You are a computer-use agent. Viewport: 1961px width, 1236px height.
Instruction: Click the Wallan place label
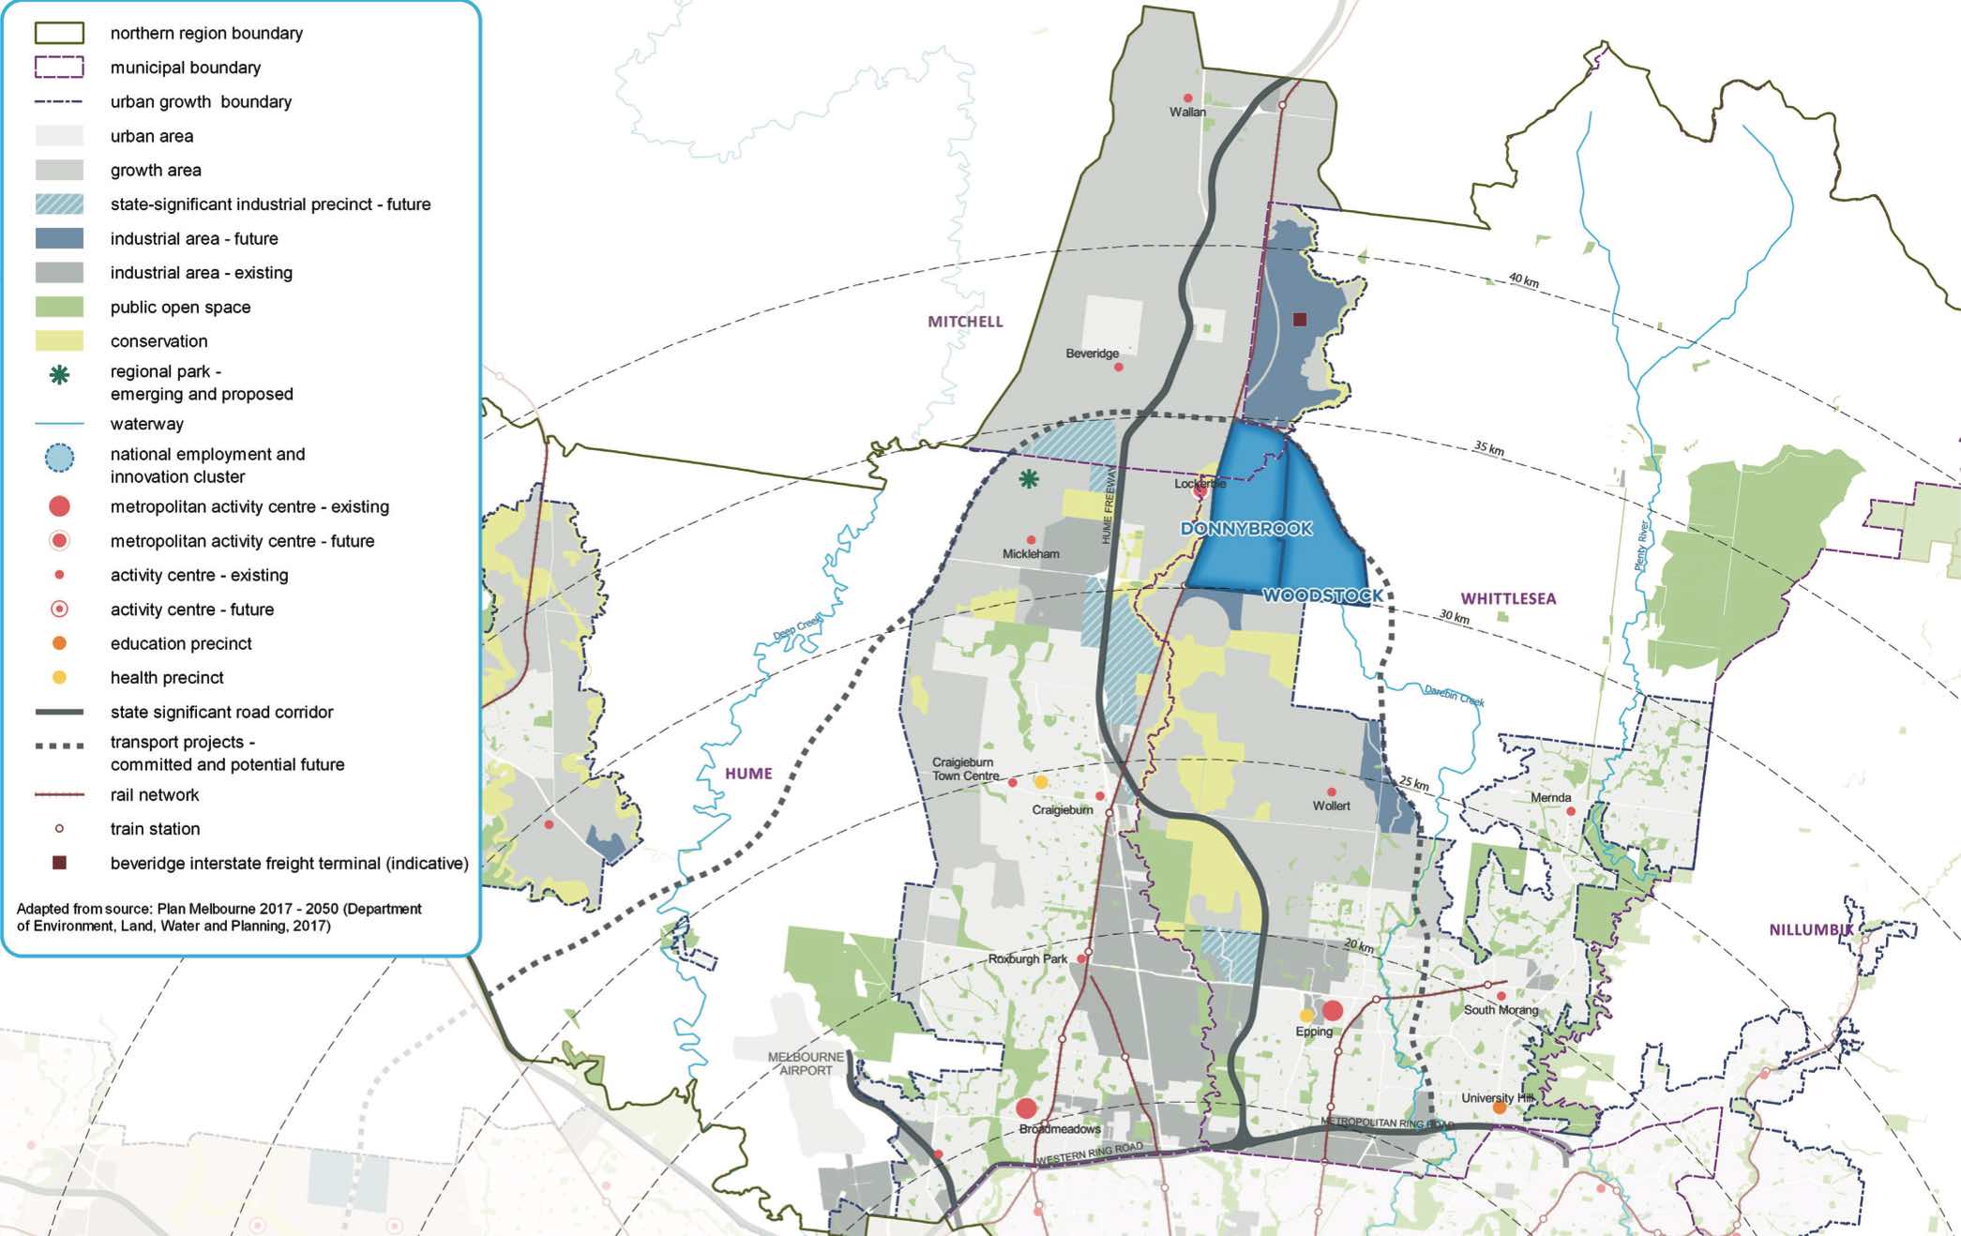pos(1187,112)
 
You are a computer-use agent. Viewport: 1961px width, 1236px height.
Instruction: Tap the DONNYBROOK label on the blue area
pos(1246,529)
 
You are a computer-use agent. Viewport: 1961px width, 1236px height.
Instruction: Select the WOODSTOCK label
pos(1322,595)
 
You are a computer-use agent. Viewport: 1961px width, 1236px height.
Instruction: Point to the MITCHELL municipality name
pos(965,322)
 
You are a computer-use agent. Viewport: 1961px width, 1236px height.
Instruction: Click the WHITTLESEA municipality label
pos(1508,598)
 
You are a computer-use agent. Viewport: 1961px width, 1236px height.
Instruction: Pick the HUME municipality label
pos(748,774)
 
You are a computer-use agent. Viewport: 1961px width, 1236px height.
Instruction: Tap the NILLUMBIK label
pos(1811,929)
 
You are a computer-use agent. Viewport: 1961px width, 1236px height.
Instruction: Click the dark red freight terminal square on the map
pos(1300,320)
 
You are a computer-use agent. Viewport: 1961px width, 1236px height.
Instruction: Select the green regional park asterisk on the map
pos(1029,479)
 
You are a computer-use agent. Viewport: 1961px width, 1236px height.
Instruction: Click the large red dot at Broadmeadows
pos(1026,1108)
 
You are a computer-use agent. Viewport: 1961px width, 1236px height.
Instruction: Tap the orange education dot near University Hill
pos(1500,1108)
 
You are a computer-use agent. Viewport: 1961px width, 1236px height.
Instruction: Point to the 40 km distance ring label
pos(1523,280)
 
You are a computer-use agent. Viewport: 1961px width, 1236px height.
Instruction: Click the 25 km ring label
pos(1414,783)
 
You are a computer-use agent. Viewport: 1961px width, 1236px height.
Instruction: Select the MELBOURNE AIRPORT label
pos(806,1063)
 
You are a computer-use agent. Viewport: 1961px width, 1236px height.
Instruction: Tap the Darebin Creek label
pos(1454,695)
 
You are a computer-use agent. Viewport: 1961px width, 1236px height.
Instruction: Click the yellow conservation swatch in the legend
pos(59,341)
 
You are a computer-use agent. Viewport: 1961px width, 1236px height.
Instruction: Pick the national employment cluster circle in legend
pos(59,458)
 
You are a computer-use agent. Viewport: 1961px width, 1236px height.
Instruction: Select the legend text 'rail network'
pos(155,795)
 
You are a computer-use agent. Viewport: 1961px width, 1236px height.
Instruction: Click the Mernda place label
pos(1550,798)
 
